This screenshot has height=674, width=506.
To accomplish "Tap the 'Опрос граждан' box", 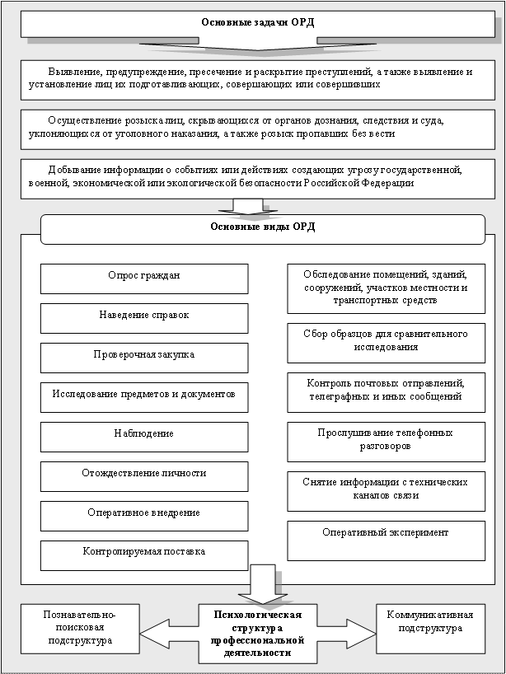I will click(144, 278).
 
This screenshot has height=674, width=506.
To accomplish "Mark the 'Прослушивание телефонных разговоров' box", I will click(387, 439).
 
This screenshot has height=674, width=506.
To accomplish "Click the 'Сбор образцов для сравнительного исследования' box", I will click(387, 340).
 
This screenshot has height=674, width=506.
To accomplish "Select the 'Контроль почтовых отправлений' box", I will click(387, 390).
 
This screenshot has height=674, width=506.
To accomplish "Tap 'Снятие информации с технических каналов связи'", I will click(387, 488).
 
